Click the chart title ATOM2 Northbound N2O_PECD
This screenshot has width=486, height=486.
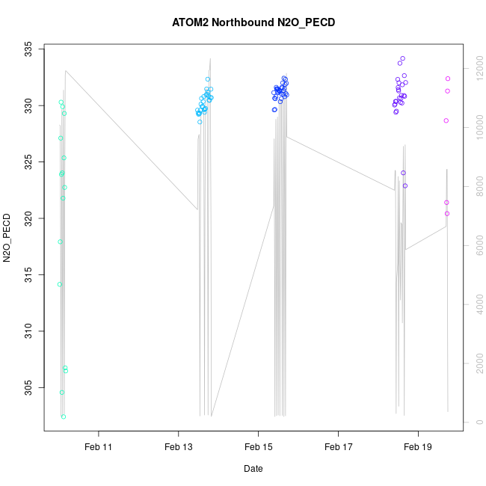click(x=253, y=22)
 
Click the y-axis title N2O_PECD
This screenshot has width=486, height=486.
click(x=7, y=238)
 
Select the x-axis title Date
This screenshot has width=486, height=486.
click(x=253, y=469)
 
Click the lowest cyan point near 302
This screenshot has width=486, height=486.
click(x=64, y=416)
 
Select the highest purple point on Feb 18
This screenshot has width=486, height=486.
click(x=402, y=58)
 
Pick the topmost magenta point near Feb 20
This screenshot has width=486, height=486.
click(x=448, y=79)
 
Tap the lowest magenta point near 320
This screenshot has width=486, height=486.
click(x=447, y=214)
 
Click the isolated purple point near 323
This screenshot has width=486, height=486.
click(x=405, y=186)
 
